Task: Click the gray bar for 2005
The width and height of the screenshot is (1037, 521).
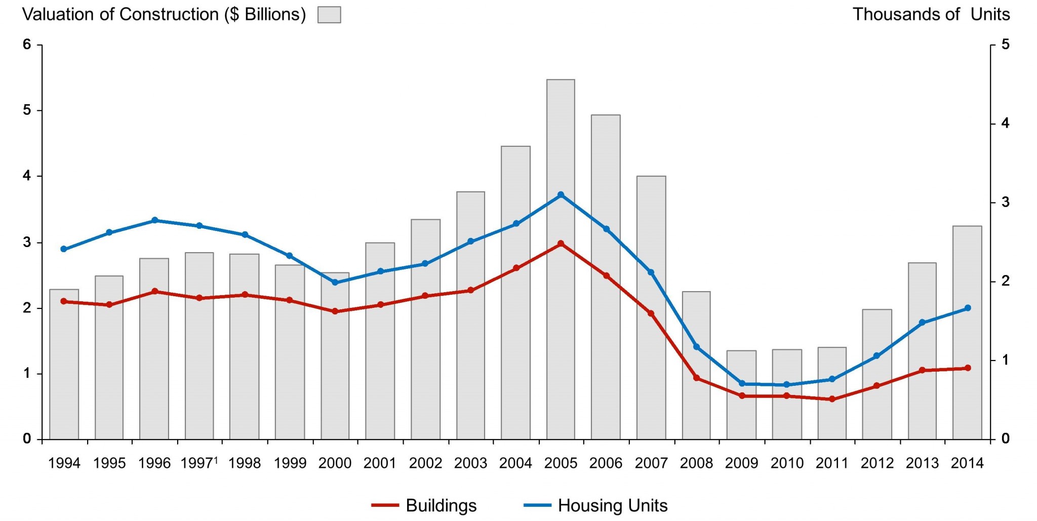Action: coord(561,304)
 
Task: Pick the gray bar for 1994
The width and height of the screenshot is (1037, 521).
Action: coord(64,365)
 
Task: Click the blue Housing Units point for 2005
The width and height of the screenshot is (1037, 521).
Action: coord(561,195)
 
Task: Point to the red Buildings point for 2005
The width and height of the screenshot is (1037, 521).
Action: coord(561,244)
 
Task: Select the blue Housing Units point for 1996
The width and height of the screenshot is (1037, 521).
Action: coord(154,220)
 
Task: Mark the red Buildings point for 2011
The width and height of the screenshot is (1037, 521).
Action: coord(832,399)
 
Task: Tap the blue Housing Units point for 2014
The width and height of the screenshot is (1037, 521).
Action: coord(967,308)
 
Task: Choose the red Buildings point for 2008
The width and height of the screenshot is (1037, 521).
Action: coord(696,378)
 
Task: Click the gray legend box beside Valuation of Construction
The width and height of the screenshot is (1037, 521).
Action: coord(329,15)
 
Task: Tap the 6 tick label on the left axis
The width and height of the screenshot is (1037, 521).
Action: coord(27,45)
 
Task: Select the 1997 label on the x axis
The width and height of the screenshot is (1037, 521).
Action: coord(197,463)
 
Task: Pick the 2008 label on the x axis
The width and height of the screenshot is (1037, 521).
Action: coord(696,463)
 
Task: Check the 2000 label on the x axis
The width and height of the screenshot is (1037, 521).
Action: coord(335,463)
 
